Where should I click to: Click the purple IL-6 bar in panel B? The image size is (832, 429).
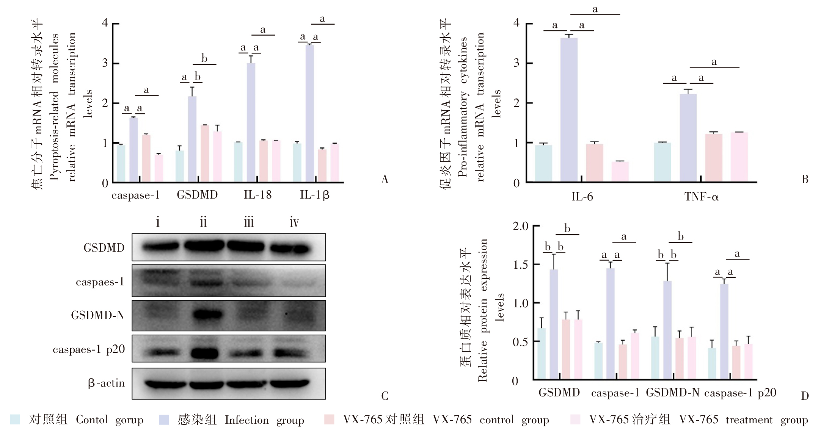(x=569, y=110)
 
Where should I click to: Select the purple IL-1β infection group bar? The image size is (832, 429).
(x=309, y=114)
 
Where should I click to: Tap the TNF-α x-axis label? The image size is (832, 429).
(x=701, y=197)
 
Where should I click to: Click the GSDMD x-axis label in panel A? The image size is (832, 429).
(x=197, y=195)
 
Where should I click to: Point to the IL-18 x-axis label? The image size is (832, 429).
(x=257, y=195)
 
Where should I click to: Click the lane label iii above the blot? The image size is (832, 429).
(x=249, y=222)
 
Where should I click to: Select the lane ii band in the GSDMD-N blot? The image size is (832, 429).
(x=207, y=315)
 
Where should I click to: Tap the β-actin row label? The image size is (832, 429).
(x=106, y=383)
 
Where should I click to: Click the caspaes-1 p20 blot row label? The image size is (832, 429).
(x=89, y=349)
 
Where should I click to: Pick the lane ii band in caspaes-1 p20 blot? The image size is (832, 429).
(x=205, y=353)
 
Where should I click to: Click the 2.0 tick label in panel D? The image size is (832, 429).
(x=520, y=226)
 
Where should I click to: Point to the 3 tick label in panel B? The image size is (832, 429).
(x=516, y=63)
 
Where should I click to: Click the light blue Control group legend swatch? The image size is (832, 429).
(x=15, y=419)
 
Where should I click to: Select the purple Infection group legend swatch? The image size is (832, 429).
(x=164, y=420)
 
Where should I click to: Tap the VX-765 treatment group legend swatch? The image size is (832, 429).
(x=575, y=420)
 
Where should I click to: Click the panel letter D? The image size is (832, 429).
(x=805, y=396)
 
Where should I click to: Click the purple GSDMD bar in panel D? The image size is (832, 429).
(x=554, y=324)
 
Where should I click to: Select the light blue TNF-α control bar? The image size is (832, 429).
(x=662, y=162)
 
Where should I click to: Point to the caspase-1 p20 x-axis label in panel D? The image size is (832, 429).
(x=740, y=393)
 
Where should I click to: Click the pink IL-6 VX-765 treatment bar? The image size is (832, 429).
(x=620, y=172)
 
